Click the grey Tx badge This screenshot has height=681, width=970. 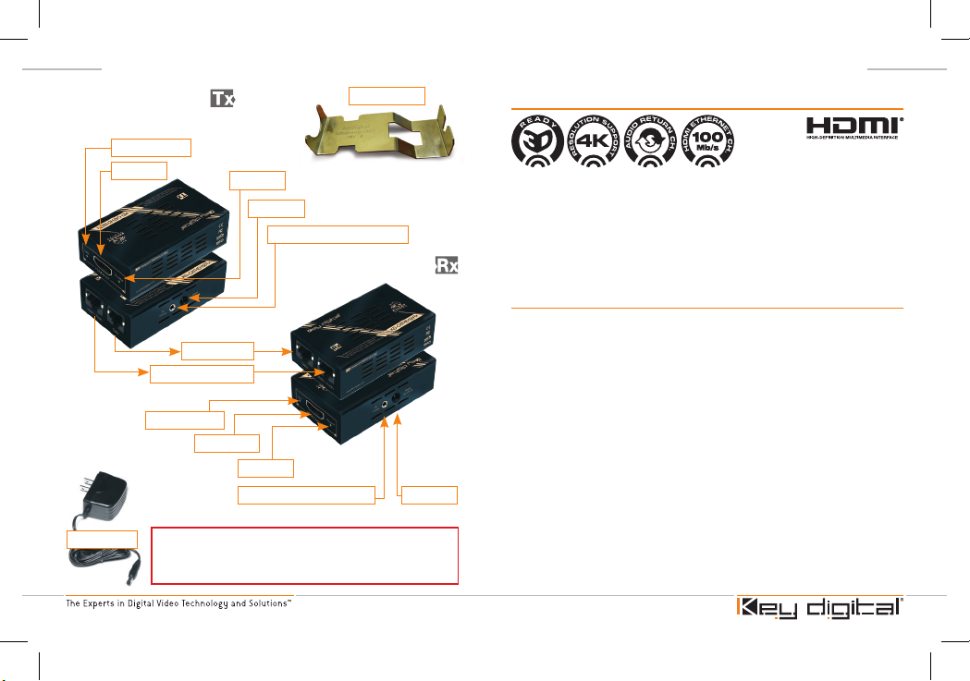click(221, 99)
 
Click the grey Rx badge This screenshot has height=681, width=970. click(447, 266)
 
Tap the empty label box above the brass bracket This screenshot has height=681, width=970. click(387, 95)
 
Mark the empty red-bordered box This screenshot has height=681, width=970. click(304, 555)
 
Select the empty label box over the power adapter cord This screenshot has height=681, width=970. click(103, 538)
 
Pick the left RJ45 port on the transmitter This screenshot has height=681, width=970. click(93, 296)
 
